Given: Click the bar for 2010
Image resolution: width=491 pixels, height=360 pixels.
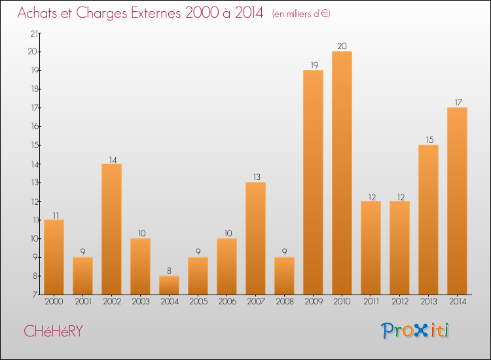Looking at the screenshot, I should [x=342, y=173].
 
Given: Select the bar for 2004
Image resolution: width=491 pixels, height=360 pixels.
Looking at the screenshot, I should [x=169, y=285].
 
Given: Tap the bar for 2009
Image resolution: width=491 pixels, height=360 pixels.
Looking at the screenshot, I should [x=313, y=182].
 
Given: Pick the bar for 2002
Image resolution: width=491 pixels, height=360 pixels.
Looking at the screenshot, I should [x=111, y=228].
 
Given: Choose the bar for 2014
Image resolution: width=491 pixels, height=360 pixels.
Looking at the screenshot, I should [x=457, y=200].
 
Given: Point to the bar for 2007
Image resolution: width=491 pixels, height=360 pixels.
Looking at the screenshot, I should [x=255, y=238].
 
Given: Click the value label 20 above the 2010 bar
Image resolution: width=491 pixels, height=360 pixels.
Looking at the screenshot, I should [x=342, y=46].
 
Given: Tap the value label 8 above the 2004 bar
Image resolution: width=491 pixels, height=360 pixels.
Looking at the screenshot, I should [x=169, y=270].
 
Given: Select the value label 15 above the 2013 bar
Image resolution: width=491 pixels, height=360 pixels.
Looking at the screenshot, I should [x=428, y=139].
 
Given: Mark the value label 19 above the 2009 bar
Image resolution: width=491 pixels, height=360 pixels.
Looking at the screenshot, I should [x=313, y=65].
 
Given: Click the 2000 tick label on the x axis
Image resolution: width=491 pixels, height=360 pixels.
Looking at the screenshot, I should [x=54, y=302].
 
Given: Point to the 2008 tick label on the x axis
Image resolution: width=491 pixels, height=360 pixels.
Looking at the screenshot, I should [x=284, y=302].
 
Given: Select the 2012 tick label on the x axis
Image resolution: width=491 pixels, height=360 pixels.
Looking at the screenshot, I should [x=399, y=302].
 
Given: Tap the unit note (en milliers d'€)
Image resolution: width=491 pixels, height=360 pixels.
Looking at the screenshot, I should [x=301, y=14].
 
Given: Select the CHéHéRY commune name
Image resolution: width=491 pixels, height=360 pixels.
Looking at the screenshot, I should [x=53, y=331].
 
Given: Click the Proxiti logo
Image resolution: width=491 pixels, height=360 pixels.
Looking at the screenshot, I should [x=416, y=331].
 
